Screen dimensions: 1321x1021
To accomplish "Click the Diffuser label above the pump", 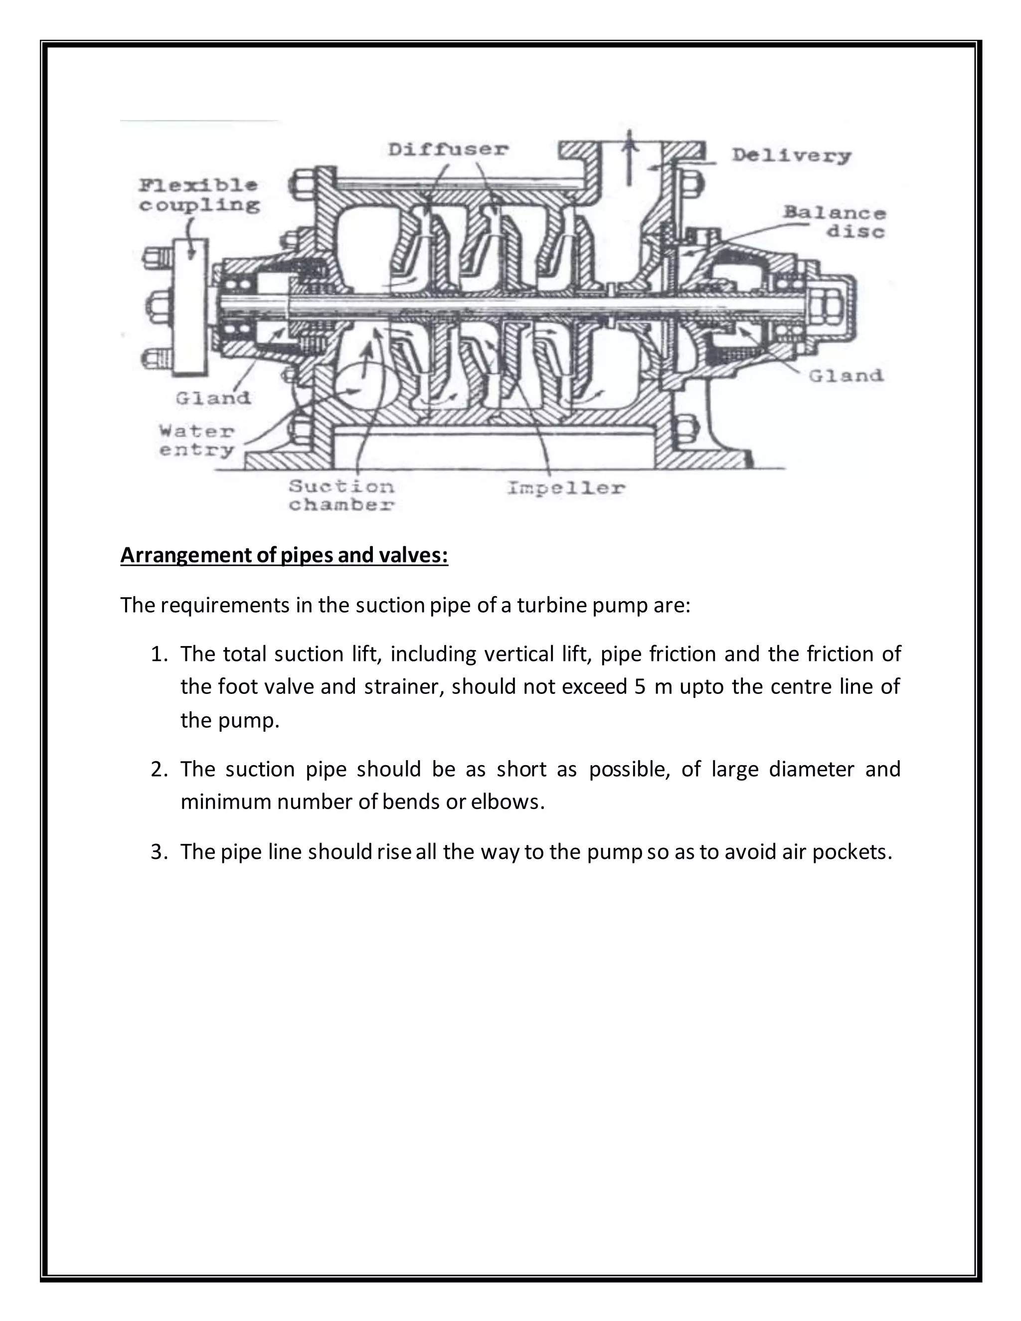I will coord(448,150).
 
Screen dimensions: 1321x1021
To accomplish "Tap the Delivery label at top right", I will coord(791,156).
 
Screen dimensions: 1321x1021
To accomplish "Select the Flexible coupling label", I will coord(199,195).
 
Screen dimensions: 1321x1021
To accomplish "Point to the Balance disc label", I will coord(835,222).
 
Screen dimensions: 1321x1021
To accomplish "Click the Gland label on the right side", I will coord(846,376).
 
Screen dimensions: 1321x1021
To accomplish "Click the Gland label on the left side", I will coord(213,398).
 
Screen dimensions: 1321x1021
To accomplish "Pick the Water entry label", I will coord(196,441).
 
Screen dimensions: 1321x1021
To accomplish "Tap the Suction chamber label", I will coord(341,495).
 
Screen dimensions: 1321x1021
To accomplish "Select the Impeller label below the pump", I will coord(565,488).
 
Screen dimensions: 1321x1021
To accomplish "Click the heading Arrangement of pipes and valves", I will coord(284,555).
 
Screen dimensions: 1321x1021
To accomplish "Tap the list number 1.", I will coord(159,655).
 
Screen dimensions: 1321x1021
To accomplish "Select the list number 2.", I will coord(159,769).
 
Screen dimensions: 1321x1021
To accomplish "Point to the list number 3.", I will coord(159,852).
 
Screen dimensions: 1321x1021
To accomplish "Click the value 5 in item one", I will coord(641,687).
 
